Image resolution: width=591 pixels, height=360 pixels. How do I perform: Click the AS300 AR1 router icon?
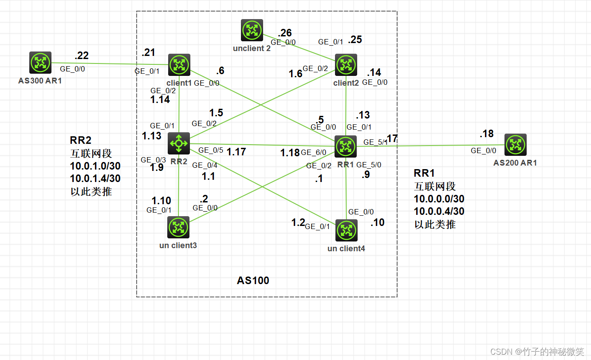click(40, 63)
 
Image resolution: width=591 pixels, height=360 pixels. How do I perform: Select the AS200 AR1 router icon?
click(516, 145)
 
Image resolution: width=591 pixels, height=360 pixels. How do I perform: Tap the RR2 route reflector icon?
click(179, 143)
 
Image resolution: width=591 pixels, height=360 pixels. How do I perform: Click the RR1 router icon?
click(346, 146)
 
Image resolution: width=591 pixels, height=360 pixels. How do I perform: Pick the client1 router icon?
click(179, 65)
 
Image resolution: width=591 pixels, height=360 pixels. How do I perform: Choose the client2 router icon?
click(346, 65)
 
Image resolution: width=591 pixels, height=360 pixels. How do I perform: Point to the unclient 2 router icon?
click(252, 30)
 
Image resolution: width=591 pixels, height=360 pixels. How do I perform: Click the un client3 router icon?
click(179, 227)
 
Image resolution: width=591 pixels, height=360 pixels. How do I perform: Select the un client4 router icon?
click(346, 230)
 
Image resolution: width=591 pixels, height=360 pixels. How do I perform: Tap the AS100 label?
click(253, 281)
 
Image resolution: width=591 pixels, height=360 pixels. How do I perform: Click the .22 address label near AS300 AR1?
click(82, 56)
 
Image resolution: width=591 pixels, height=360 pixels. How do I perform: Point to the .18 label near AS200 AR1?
click(486, 134)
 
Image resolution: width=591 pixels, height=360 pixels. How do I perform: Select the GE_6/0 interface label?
click(314, 153)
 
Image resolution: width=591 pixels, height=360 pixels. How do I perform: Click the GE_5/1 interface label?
click(375, 142)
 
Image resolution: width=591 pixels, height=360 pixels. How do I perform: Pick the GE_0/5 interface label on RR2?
click(210, 150)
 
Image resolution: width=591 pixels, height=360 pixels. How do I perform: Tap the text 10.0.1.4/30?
click(95, 179)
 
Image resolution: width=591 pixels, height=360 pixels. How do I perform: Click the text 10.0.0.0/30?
click(439, 199)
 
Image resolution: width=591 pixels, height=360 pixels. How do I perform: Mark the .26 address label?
click(285, 33)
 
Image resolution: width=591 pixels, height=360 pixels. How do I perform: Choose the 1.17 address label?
click(236, 152)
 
